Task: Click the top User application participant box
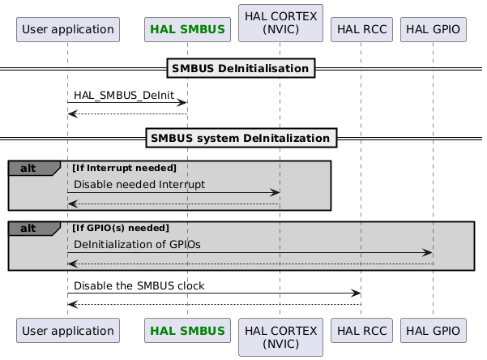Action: tap(68, 30)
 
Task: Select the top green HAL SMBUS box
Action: tap(187, 30)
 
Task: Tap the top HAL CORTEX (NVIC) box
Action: tap(280, 24)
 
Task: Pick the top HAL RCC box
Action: tap(361, 30)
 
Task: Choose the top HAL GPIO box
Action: tap(433, 30)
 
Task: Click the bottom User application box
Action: tap(68, 331)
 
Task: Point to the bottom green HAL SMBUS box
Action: tap(187, 331)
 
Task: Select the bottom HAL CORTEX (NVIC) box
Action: tap(280, 337)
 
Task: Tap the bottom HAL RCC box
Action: tap(361, 331)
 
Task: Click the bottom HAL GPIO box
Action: tap(433, 331)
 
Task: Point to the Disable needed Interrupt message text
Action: tap(139, 185)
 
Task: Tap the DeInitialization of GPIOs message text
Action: tap(138, 244)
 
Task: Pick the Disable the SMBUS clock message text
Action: tap(139, 285)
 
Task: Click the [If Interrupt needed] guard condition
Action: tap(124, 168)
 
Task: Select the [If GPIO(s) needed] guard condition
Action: tap(120, 227)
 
